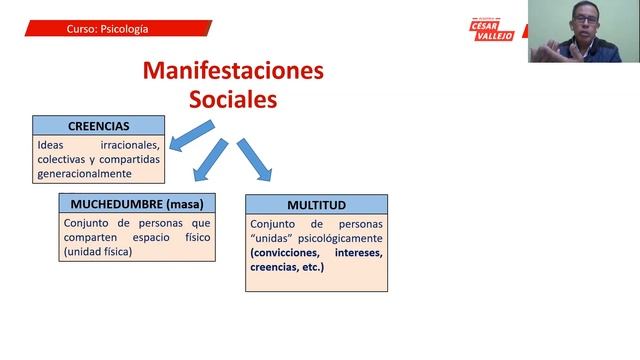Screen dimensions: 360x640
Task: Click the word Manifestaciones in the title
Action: [233, 72]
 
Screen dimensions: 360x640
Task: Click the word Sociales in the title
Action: [233, 100]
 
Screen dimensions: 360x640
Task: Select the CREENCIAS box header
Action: [98, 126]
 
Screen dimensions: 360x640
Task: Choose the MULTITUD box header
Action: [316, 204]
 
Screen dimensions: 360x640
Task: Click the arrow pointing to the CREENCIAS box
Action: [191, 136]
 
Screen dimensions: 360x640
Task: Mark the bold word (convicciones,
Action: [288, 253]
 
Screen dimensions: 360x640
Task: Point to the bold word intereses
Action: [356, 253]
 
